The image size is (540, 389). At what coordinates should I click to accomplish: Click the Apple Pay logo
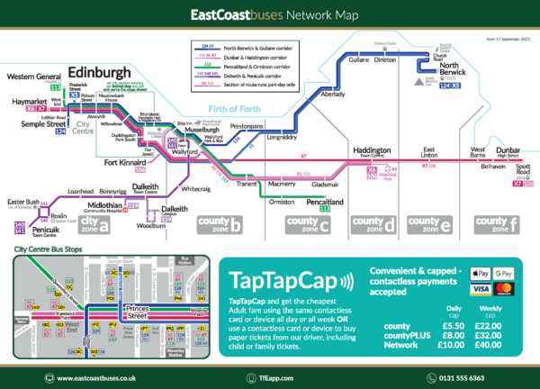[x=479, y=273]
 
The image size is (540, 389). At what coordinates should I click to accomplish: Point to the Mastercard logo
[x=504, y=289]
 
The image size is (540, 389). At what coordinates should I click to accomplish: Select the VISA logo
[x=479, y=289]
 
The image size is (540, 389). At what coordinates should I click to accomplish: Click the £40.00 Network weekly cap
[x=490, y=346]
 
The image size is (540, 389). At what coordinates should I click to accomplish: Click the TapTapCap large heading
[x=278, y=276]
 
